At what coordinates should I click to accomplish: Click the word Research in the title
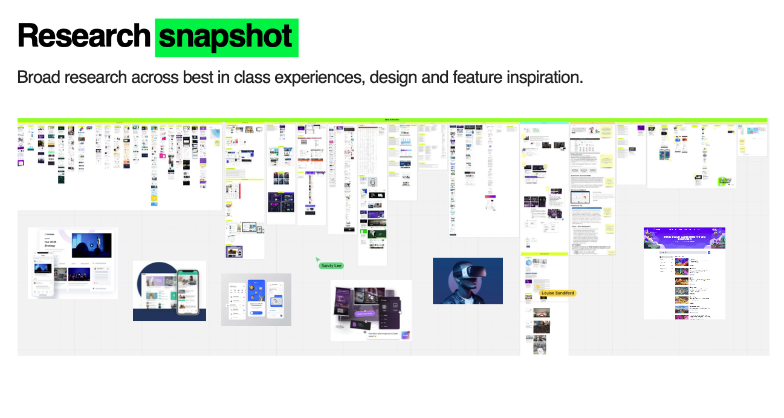(83, 36)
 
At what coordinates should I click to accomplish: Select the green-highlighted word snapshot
(226, 37)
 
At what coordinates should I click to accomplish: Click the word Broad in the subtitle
(38, 78)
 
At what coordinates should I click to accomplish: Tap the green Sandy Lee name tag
(331, 266)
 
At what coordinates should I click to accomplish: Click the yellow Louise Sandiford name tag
(558, 293)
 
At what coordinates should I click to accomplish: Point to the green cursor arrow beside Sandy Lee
(318, 260)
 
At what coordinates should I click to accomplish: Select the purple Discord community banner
(684, 238)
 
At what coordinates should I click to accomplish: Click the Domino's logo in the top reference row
(82, 129)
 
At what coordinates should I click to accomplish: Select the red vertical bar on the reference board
(240, 191)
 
